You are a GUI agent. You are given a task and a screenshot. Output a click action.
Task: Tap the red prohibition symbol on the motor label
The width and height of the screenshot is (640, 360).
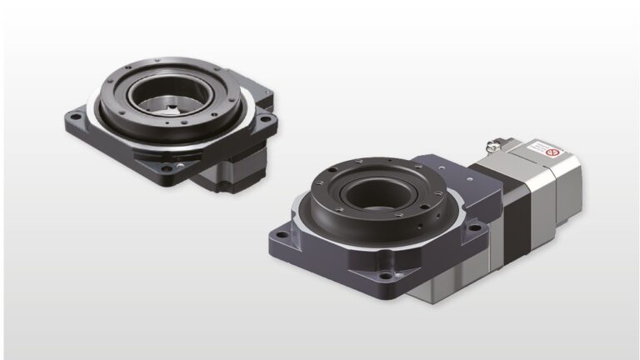point(551,152)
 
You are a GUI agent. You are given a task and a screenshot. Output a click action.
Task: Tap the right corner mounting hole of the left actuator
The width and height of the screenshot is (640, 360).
point(265,121)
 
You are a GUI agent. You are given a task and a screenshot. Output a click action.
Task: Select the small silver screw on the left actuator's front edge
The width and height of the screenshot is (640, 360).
point(142,159)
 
